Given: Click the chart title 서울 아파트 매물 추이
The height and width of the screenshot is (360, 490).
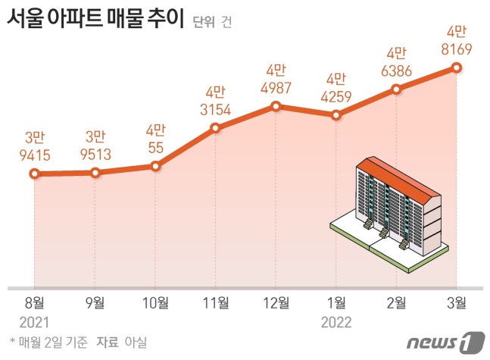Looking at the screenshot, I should click(95, 19).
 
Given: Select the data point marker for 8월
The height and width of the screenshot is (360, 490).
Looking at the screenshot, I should click(34, 174).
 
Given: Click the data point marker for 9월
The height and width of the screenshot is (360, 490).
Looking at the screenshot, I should click(95, 173).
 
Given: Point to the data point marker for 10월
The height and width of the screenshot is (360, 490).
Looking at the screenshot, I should click(155, 165).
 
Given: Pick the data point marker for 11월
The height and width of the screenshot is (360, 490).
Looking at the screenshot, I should click(216, 127).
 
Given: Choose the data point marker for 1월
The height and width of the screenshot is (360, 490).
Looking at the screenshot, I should click(336, 115).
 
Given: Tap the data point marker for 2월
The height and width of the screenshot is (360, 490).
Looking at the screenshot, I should click(396, 89).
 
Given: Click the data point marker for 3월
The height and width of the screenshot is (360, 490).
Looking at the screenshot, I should click(457, 67).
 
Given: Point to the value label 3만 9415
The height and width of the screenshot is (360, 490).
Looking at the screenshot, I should click(34, 146).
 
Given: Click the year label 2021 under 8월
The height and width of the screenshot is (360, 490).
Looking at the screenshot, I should click(34, 321).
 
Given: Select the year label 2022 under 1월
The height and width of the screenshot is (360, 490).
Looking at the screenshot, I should click(336, 321).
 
